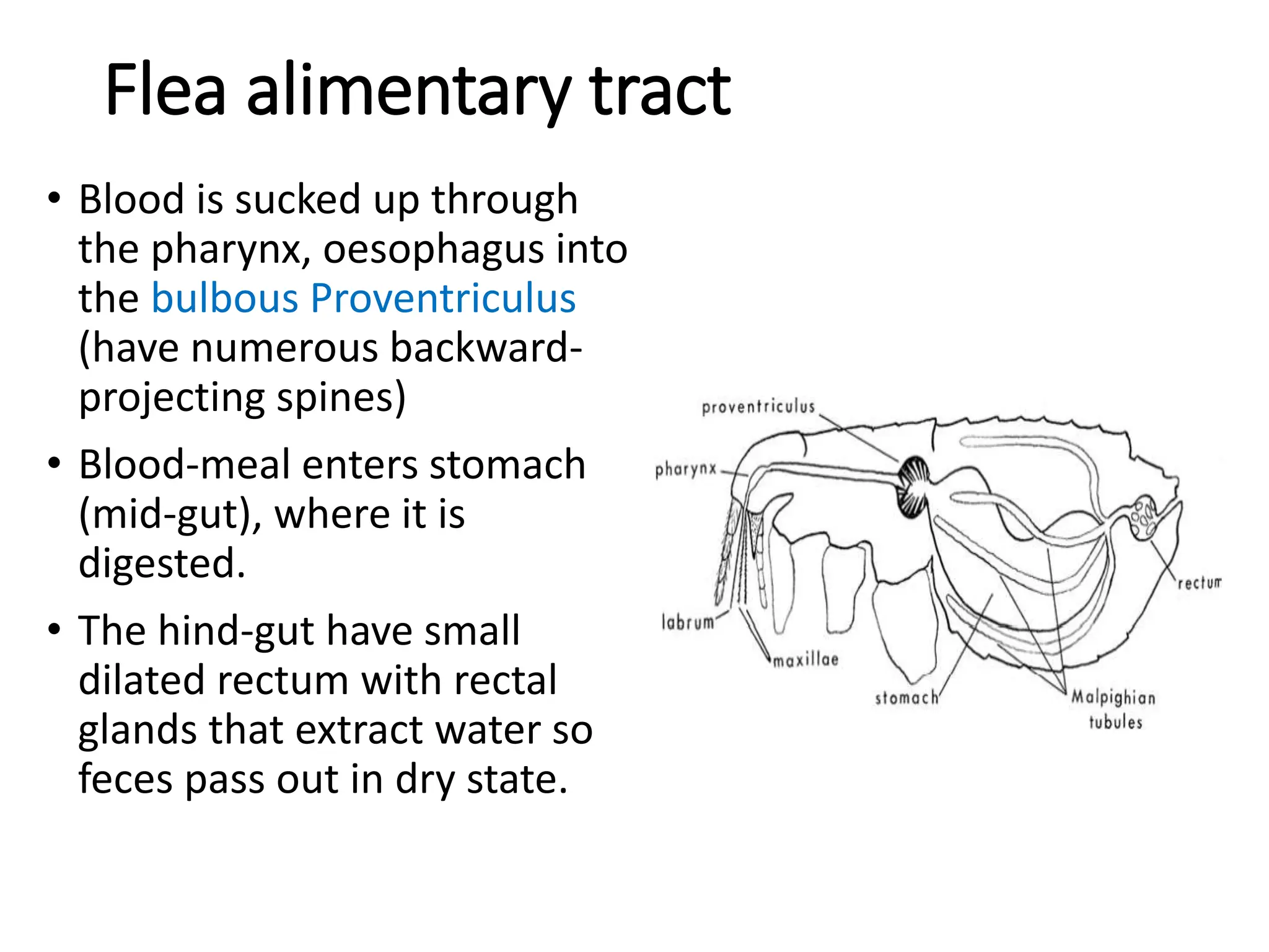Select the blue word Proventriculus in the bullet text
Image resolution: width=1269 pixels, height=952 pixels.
[443, 298]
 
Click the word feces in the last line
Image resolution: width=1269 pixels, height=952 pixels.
[126, 779]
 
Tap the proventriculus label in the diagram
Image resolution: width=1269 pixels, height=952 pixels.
[758, 407]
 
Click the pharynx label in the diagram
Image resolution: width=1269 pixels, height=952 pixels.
[686, 469]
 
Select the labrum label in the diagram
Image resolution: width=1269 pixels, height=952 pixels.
[688, 622]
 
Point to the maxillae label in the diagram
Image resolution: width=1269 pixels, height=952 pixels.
[806, 660]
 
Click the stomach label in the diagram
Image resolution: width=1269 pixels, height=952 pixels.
[907, 699]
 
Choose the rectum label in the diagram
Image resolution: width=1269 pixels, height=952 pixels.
[1200, 583]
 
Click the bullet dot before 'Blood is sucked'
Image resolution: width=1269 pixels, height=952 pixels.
[55, 200]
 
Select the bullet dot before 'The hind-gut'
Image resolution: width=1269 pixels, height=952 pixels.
[55, 630]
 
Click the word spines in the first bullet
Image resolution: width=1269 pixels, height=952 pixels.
[341, 397]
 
